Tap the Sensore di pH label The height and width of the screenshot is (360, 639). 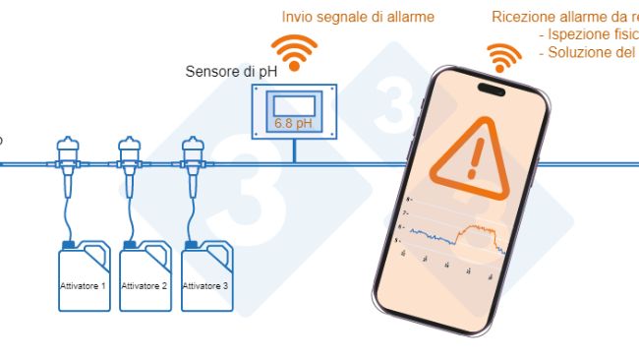pyautogui.click(x=231, y=72)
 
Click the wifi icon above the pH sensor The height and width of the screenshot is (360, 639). pyautogui.click(x=294, y=50)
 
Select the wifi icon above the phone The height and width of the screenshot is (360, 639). pyautogui.click(x=505, y=59)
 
